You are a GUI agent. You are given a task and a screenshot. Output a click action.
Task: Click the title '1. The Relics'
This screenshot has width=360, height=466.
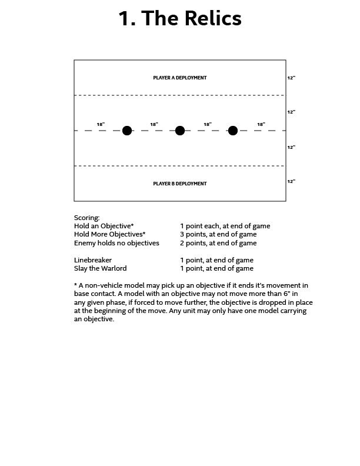click(x=180, y=19)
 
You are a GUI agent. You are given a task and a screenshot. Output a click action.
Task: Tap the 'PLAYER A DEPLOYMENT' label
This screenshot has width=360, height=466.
click(x=180, y=78)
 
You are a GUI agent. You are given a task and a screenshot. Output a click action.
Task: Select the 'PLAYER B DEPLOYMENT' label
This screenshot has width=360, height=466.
click(x=180, y=184)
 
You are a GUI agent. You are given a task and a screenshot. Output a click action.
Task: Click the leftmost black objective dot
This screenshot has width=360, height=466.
click(x=127, y=131)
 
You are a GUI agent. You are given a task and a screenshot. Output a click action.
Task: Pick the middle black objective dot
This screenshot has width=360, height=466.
click(x=180, y=131)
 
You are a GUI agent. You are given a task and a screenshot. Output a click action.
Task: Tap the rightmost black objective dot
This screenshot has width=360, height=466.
click(x=233, y=131)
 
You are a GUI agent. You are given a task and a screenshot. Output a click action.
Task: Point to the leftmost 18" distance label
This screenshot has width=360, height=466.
click(x=101, y=124)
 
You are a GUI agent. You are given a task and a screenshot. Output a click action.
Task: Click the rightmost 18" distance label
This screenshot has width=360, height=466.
click(x=261, y=124)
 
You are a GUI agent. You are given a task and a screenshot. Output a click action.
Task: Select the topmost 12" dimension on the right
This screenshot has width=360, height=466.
click(x=291, y=78)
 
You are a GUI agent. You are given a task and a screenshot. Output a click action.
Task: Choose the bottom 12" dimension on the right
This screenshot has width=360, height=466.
click(x=291, y=181)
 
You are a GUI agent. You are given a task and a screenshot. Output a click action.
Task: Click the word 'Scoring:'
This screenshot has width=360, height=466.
click(x=87, y=218)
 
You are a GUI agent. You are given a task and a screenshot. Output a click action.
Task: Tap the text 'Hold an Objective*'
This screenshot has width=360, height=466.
click(x=104, y=226)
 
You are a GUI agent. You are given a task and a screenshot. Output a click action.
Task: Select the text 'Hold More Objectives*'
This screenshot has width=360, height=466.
click(x=110, y=234)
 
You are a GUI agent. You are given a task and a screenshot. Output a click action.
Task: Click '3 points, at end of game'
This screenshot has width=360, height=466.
click(x=218, y=234)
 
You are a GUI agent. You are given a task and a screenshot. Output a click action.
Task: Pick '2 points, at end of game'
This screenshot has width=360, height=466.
click(x=218, y=242)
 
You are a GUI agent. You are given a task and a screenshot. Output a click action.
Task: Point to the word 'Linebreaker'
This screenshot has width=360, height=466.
click(x=93, y=260)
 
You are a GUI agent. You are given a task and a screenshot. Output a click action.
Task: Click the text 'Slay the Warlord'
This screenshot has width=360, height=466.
click(x=101, y=268)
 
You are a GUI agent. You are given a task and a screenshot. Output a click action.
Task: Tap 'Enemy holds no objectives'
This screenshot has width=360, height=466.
click(x=116, y=242)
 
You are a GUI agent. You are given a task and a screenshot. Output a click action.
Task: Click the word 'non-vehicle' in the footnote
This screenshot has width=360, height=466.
click(x=104, y=285)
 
